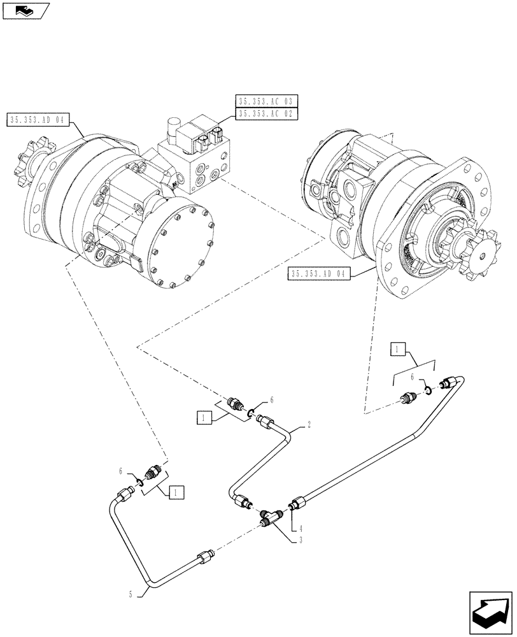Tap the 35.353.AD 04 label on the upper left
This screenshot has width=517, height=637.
(x=39, y=120)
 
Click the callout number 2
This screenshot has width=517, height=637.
(x=309, y=424)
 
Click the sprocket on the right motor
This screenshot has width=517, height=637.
(x=476, y=253)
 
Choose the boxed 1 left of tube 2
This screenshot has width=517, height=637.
(x=204, y=418)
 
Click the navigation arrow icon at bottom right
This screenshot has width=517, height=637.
(x=490, y=612)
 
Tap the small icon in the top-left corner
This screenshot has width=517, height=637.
(x=24, y=10)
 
